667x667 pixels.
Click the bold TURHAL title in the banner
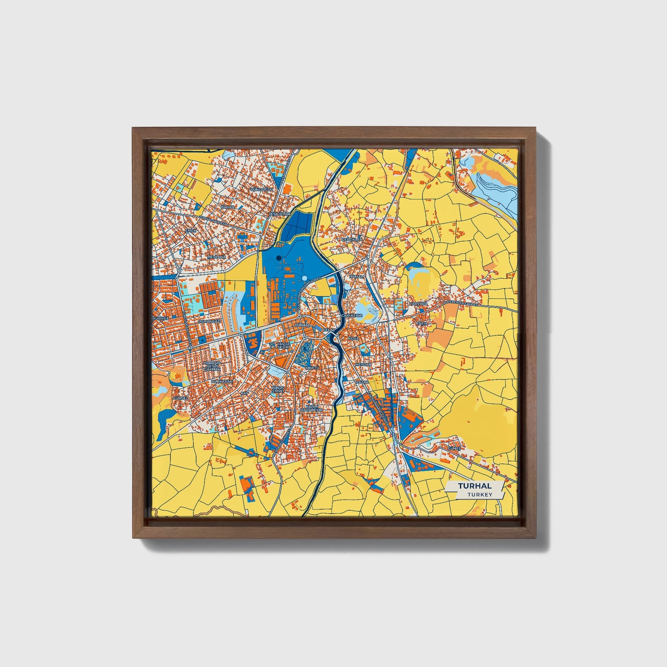coord(475,486)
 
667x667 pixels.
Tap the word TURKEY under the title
coord(480,494)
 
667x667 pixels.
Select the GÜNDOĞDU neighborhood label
coord(261,189)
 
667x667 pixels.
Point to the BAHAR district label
coord(228,207)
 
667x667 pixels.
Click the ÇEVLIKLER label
coord(352,240)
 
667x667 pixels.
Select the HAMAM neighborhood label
coord(357,276)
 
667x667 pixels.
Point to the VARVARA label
coord(419,304)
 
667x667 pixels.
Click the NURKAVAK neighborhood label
coord(221,382)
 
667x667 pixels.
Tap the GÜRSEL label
coord(180,397)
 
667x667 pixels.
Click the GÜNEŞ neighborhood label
coord(454,448)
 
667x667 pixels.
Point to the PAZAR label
coord(362,382)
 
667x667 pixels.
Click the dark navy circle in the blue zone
coord(278,258)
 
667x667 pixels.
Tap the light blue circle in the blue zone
coord(305,278)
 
